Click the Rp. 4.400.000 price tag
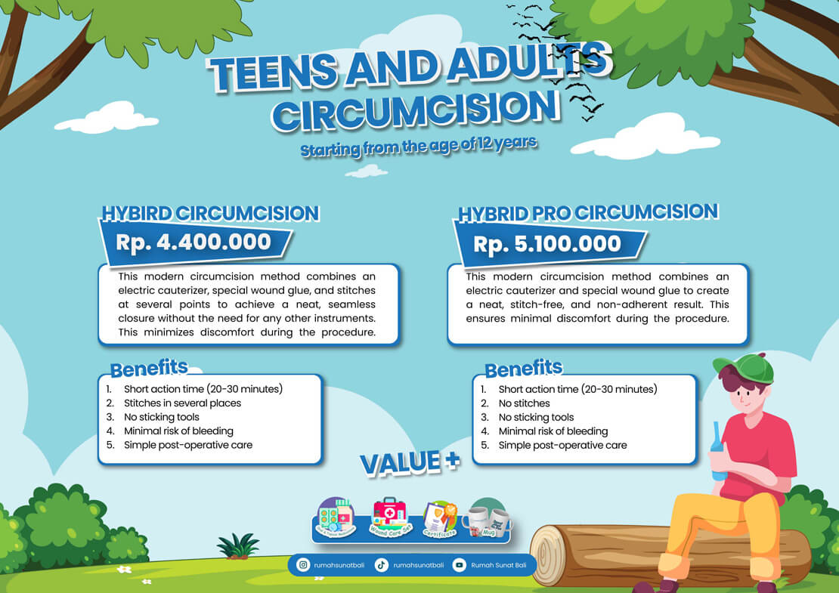(193, 242)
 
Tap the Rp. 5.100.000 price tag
(547, 244)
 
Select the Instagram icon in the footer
(304, 564)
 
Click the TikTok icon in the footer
(382, 564)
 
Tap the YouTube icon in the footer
(459, 564)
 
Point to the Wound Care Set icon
(389, 517)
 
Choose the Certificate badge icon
(439, 518)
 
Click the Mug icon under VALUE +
(486, 517)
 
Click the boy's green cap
(746, 367)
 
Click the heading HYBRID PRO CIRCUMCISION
(587, 212)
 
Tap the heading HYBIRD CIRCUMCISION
(210, 213)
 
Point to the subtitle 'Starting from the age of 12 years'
(418, 145)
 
